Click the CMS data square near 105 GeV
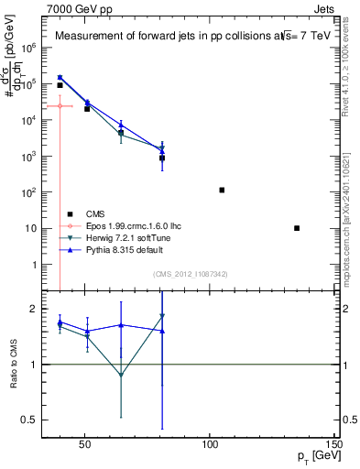tap(222, 191)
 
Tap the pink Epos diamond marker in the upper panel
tap(60, 106)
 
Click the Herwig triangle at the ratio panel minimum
tap(121, 376)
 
